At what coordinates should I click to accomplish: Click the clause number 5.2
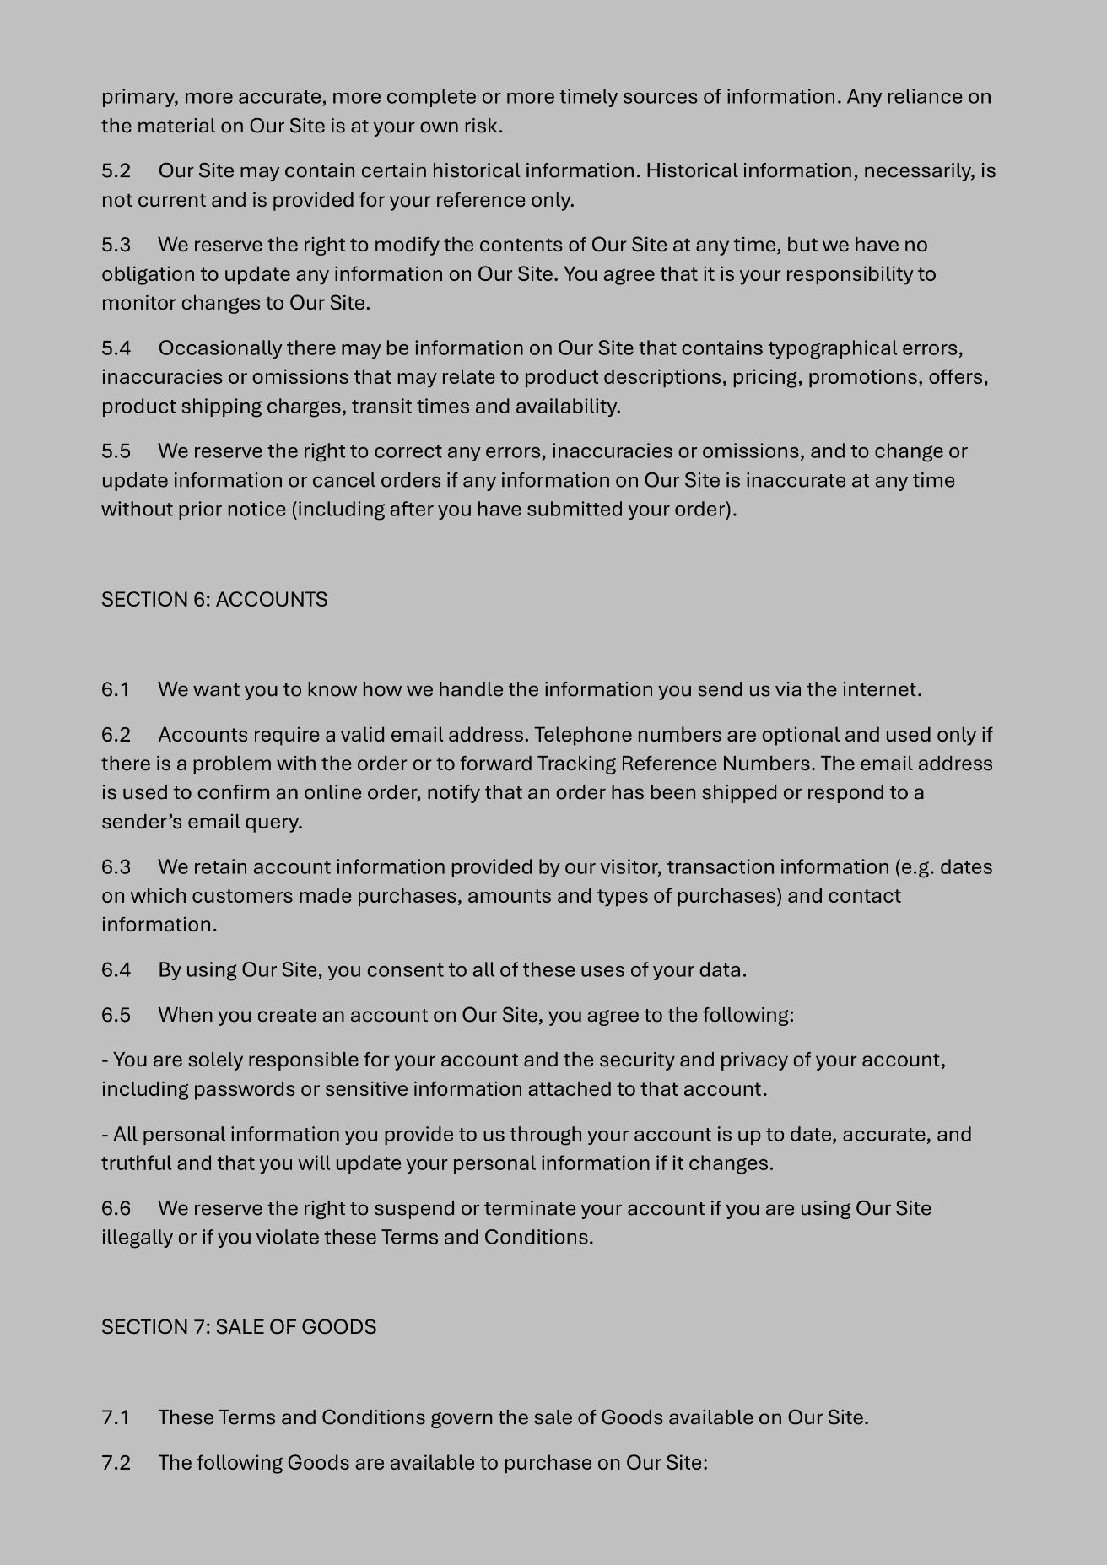pos(116,171)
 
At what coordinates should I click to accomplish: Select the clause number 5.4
pos(116,348)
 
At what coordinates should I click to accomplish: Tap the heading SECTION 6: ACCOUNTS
pos(214,600)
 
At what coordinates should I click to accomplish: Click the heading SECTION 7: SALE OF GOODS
pos(239,1327)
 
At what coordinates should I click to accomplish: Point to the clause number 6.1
pos(115,690)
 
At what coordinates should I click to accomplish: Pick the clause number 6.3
pos(116,867)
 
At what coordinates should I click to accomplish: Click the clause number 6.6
pos(116,1208)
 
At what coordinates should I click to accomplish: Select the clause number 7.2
pos(116,1462)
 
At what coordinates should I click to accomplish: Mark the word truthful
pos(137,1163)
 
